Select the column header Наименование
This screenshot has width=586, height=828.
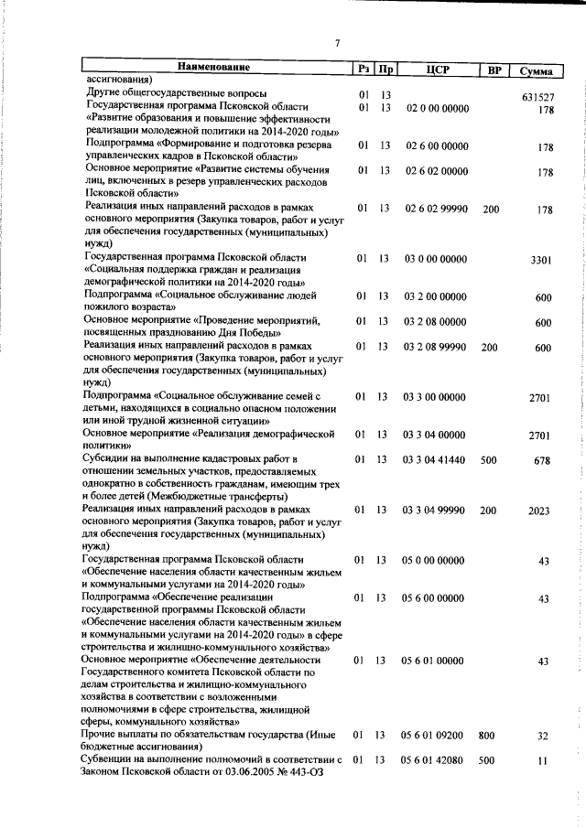pos(212,68)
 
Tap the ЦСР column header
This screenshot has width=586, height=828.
pos(436,70)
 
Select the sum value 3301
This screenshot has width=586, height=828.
pos(543,261)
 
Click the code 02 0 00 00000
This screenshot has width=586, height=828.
pos(436,109)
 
